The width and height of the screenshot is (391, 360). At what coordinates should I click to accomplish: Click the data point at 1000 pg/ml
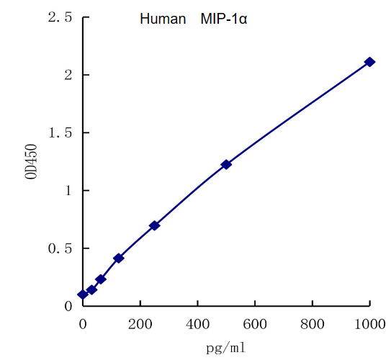[369, 62]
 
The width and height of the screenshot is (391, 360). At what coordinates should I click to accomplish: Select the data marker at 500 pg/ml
[226, 164]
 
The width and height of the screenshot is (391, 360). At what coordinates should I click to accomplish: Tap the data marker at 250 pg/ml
[154, 225]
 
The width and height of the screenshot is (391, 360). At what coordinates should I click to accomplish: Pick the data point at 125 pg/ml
[119, 258]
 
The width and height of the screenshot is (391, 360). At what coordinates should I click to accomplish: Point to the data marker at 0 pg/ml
[83, 294]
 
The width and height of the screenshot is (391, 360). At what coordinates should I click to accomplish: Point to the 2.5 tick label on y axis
[59, 17]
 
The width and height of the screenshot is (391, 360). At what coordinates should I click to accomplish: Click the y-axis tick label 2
[67, 75]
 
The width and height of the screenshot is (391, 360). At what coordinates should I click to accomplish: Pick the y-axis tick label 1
[67, 190]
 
